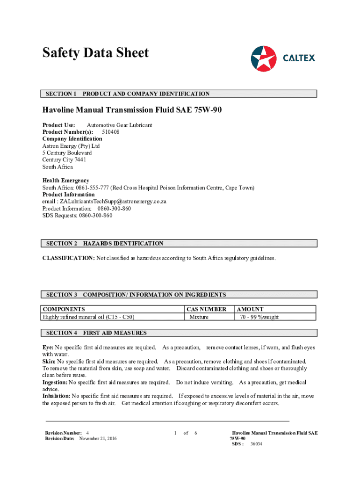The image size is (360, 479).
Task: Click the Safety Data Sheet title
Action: (95, 52)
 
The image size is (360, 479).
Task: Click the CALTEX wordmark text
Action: (299, 58)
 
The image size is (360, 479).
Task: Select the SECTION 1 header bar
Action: (180, 94)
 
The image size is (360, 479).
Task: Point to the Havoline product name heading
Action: (132, 110)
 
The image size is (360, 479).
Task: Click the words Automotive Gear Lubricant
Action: (119, 125)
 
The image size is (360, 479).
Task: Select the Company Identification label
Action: (72, 139)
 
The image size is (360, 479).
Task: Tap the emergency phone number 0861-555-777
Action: (93, 188)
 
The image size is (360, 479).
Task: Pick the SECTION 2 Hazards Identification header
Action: (180, 243)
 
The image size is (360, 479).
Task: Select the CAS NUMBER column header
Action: (206, 309)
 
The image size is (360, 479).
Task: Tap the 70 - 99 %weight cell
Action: (259, 317)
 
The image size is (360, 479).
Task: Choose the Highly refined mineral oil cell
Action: (89, 317)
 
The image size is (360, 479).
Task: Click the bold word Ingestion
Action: (55, 382)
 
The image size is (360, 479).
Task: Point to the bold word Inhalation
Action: (56, 396)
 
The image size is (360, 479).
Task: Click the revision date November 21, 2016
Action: (98, 438)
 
